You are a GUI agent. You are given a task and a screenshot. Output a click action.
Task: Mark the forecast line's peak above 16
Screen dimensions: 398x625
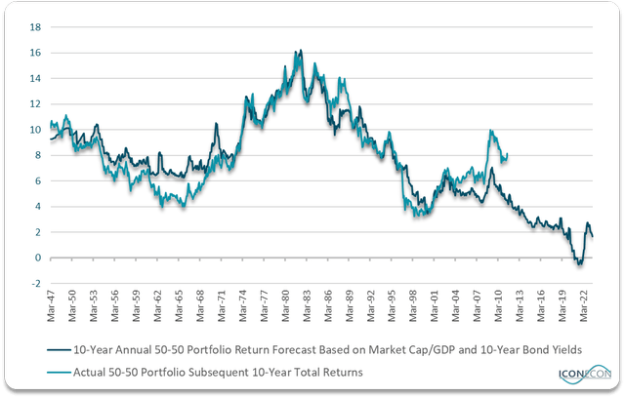coord(301,50)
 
